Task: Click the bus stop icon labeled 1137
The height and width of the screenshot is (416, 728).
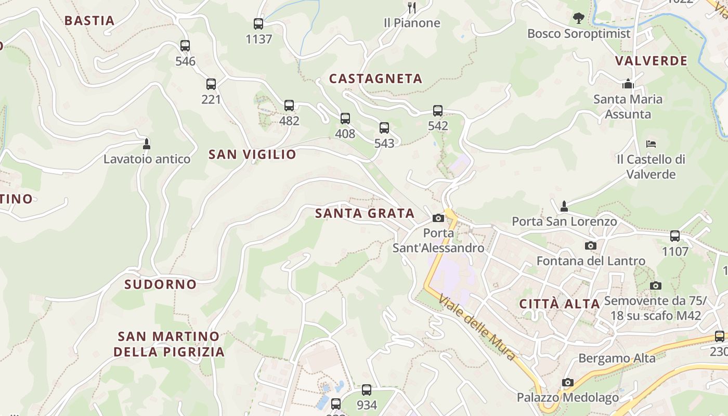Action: pyautogui.click(x=258, y=23)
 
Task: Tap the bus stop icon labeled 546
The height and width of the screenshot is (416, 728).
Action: pyautogui.click(x=185, y=46)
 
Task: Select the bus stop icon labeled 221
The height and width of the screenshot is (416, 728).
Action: pyautogui.click(x=211, y=84)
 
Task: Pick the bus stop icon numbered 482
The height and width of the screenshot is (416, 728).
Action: pyautogui.click(x=289, y=106)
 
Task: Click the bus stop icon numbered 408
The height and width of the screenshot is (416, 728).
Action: pyautogui.click(x=345, y=119)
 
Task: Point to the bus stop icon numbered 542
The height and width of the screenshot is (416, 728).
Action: pyautogui.click(x=438, y=111)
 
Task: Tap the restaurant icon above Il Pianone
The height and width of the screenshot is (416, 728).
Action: pyautogui.click(x=412, y=7)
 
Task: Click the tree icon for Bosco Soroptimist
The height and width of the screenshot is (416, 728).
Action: pyautogui.click(x=578, y=18)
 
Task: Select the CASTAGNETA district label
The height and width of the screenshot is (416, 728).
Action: pyautogui.click(x=375, y=79)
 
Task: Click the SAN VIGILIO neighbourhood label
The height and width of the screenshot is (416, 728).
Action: pyautogui.click(x=252, y=154)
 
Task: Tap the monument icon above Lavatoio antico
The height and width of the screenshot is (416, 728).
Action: pyautogui.click(x=147, y=144)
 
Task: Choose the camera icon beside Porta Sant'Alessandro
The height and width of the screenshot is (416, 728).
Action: pyautogui.click(x=438, y=218)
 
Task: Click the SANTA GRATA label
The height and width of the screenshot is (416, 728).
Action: pyautogui.click(x=365, y=213)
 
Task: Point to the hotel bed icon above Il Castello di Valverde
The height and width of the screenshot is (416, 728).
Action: pyautogui.click(x=651, y=144)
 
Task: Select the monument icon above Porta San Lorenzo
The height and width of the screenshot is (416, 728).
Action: pyautogui.click(x=564, y=206)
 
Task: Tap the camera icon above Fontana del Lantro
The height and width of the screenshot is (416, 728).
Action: pyautogui.click(x=590, y=245)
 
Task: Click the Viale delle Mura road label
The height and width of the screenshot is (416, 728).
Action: pyautogui.click(x=477, y=328)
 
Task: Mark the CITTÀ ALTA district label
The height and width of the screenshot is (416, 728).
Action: pyautogui.click(x=560, y=304)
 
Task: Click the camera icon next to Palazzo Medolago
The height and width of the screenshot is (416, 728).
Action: pyautogui.click(x=567, y=383)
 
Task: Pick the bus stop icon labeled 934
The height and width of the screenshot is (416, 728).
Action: pyautogui.click(x=367, y=389)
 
